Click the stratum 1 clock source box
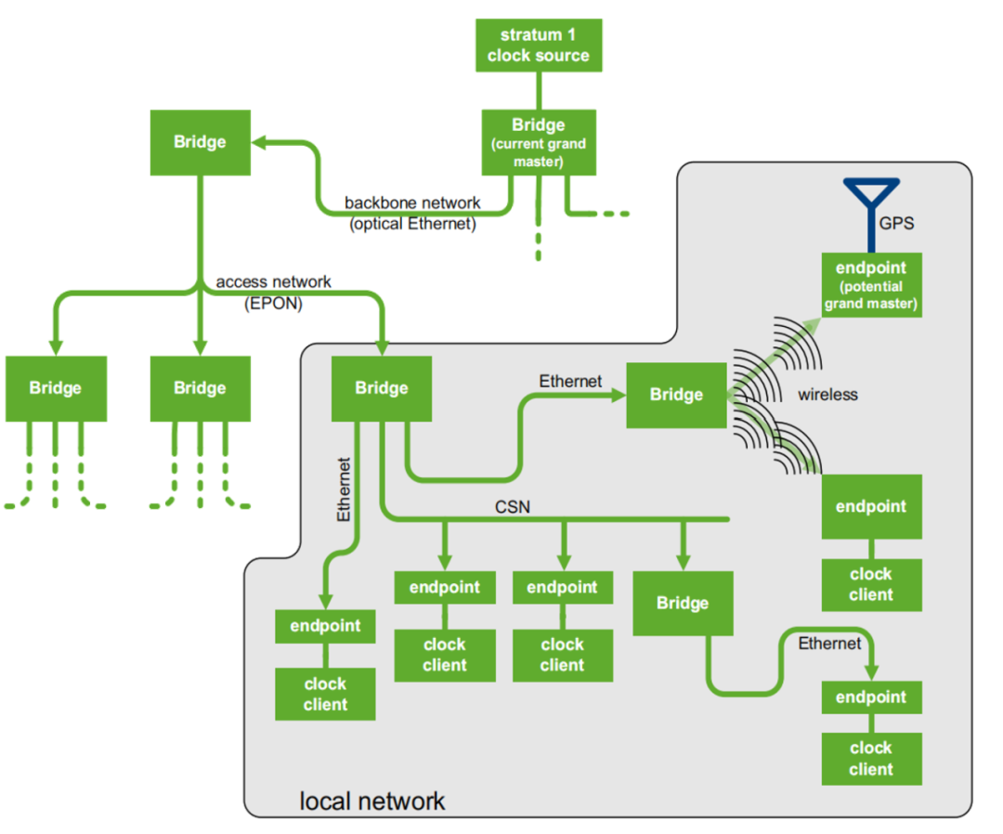539,46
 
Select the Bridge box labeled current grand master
539,142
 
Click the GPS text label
896,224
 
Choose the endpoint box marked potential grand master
871,285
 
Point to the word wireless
827,395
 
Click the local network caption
371,801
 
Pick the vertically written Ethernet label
345,489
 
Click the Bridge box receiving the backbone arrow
200,142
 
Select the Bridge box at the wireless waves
676,395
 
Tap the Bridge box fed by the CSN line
683,603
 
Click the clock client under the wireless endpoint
871,584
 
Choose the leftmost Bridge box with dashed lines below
56,387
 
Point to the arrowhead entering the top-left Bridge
259,142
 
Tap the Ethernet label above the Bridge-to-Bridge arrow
570,381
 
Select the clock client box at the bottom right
871,758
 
